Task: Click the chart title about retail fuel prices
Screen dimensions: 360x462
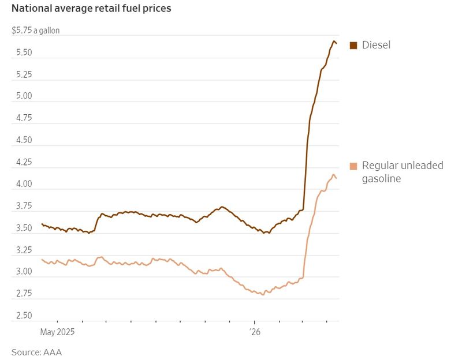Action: coord(91,9)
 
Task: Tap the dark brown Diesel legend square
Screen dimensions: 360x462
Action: coord(353,44)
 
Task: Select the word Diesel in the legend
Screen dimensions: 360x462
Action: coord(376,44)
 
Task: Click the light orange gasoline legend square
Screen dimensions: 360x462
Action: coord(353,166)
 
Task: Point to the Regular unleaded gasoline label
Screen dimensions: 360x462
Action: coord(402,172)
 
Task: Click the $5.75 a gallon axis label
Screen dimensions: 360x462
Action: coord(35,31)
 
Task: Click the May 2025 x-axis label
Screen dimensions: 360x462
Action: coord(58,332)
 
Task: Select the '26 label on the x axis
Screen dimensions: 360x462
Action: coord(255,332)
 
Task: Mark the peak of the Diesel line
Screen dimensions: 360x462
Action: coord(334,41)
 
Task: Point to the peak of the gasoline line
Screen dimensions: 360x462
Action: coord(333,174)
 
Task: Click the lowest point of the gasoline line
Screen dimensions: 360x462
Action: coord(263,295)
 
